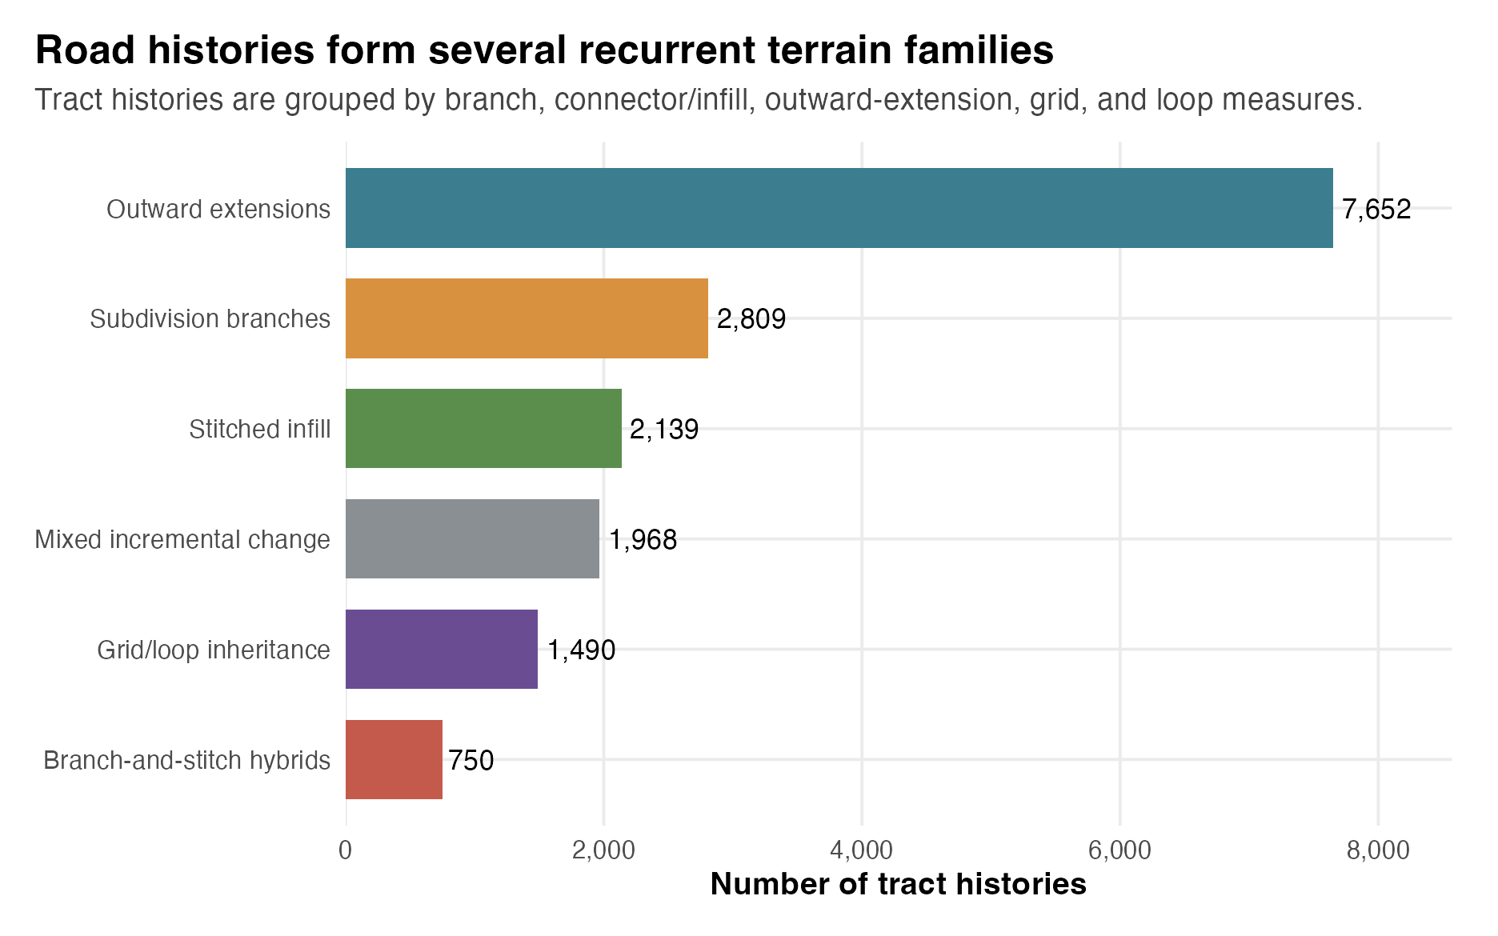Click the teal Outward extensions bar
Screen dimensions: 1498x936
click(839, 208)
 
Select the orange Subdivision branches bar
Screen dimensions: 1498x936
click(527, 318)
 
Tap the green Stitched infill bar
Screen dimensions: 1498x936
click(483, 429)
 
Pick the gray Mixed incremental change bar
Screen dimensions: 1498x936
click(472, 538)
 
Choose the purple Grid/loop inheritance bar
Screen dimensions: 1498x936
click(442, 649)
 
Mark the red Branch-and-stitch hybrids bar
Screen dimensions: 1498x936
click(394, 759)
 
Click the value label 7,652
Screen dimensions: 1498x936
click(1376, 210)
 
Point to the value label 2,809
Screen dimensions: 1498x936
click(751, 320)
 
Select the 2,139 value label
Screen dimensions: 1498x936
click(664, 430)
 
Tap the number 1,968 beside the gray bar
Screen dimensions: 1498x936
click(643, 540)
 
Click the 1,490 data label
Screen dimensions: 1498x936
click(582, 650)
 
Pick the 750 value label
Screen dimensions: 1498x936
click(471, 760)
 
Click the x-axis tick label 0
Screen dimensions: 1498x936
click(346, 850)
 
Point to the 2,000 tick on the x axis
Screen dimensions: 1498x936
click(603, 850)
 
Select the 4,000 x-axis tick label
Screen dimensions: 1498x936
click(862, 850)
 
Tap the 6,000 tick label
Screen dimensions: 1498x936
click(1120, 850)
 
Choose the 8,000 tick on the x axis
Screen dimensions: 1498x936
click(1378, 850)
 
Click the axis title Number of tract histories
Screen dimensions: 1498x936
click(899, 884)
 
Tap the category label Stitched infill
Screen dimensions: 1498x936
click(260, 430)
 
